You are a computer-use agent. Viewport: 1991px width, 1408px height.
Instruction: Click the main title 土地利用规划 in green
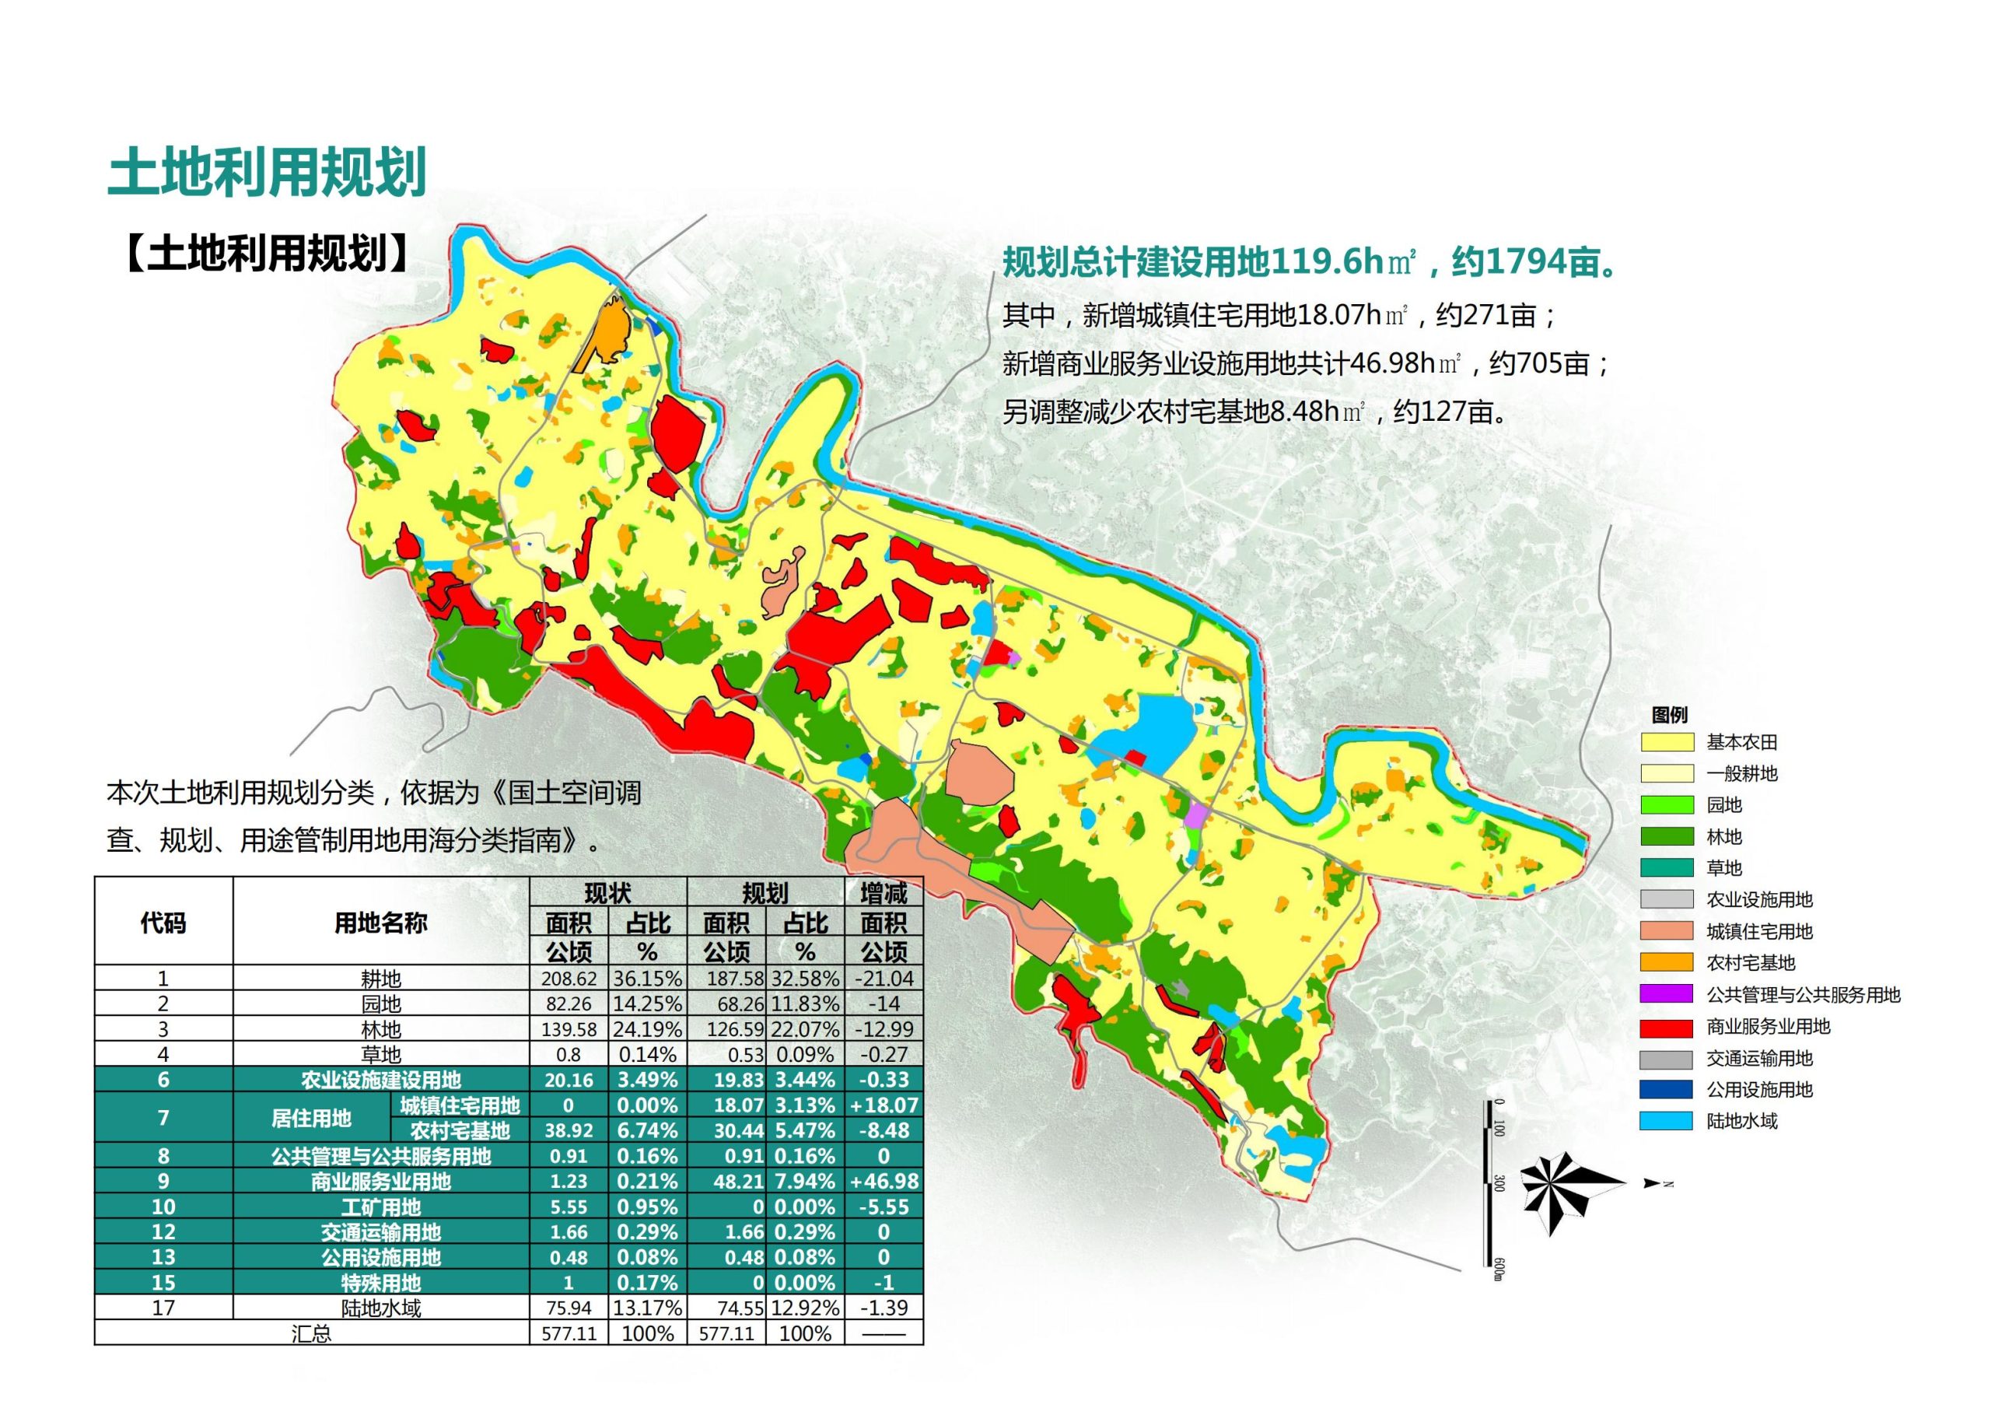click(x=266, y=173)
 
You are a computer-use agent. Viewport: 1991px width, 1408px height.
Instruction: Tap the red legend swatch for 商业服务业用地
click(x=1666, y=1027)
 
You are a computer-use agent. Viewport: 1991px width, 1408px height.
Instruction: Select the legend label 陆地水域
click(x=1741, y=1122)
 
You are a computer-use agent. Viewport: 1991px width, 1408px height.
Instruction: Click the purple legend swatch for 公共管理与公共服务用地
click(x=1666, y=995)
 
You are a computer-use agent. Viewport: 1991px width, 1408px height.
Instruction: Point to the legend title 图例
click(x=1669, y=715)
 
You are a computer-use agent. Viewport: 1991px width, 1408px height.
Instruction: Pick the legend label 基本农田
click(x=1741, y=743)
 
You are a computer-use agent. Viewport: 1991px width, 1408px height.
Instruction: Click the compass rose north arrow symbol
click(x=1571, y=1186)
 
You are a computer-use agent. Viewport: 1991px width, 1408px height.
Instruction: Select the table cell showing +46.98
click(x=884, y=1182)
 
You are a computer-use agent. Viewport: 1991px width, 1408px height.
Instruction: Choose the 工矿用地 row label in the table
click(x=380, y=1207)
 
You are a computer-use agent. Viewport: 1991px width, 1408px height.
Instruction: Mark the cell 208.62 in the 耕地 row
click(x=568, y=979)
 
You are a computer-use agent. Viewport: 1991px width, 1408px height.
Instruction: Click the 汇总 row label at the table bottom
click(x=311, y=1333)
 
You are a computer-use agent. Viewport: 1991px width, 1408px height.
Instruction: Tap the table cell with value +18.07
click(x=884, y=1105)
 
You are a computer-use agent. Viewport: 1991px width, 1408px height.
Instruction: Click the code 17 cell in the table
click(x=163, y=1308)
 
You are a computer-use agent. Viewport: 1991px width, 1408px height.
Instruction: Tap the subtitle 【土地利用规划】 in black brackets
click(x=266, y=254)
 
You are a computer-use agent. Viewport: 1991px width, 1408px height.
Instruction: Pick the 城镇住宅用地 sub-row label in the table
click(x=460, y=1105)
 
